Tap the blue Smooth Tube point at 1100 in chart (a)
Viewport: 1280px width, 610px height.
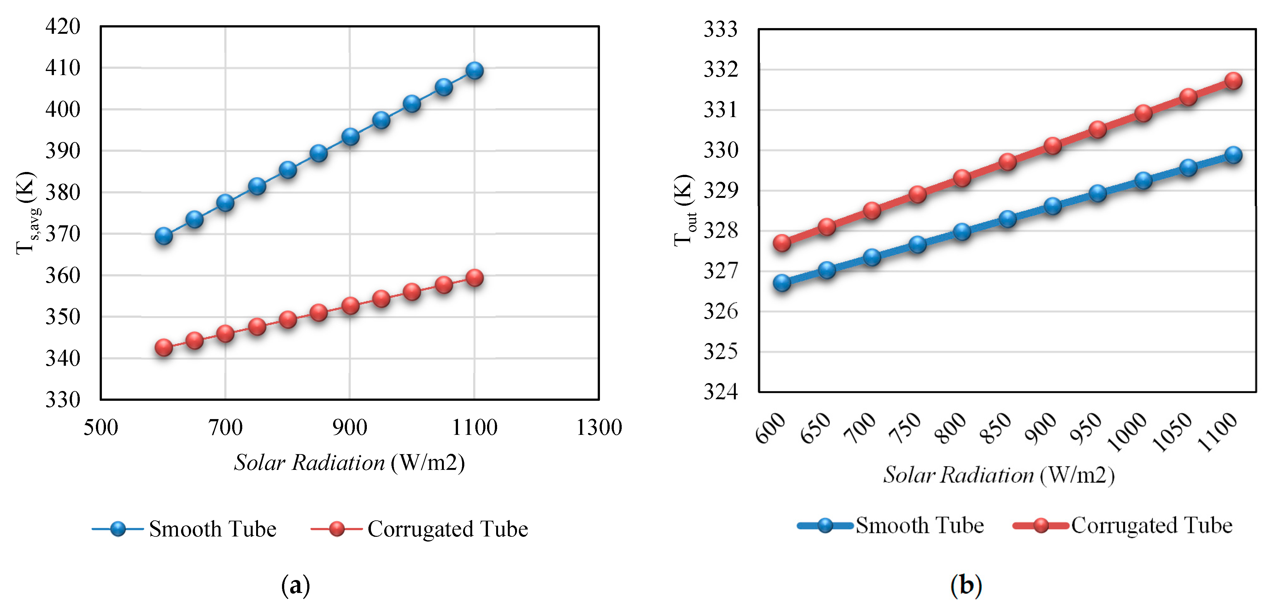coord(474,71)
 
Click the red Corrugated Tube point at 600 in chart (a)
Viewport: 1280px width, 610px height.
coord(163,347)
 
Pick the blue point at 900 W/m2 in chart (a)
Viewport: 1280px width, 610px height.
coord(350,136)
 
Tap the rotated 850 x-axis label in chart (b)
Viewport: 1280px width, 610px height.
coord(996,428)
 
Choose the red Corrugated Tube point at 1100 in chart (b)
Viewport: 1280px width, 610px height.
coord(1233,80)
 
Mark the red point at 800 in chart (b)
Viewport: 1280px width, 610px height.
coord(962,178)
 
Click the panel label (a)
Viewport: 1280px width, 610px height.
coord(296,585)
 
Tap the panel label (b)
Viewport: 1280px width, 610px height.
coord(966,585)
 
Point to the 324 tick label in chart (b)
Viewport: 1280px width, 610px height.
coord(720,392)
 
